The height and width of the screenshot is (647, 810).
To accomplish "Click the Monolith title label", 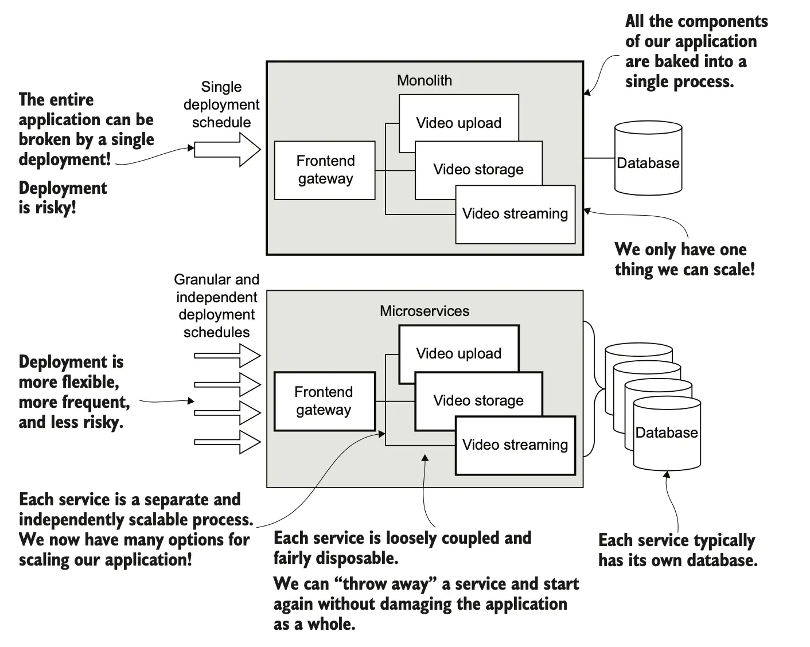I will [x=424, y=81].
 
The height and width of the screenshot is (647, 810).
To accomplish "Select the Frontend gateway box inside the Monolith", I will [x=325, y=170].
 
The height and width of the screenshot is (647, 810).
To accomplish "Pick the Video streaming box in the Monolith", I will [x=515, y=214].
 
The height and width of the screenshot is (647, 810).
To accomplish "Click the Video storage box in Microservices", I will [x=478, y=400].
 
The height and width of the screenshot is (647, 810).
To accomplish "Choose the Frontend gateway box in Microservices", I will [x=324, y=401].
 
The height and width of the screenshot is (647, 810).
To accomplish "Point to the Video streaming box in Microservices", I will [x=515, y=445].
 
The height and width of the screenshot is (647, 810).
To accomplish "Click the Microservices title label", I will [x=424, y=311].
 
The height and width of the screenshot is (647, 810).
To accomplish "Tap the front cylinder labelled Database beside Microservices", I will [x=666, y=436].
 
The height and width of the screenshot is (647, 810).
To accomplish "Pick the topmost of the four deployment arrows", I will [x=228, y=356].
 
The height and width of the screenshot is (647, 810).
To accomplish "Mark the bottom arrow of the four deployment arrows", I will [x=228, y=442].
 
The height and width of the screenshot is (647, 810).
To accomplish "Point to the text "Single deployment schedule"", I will [x=221, y=104].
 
